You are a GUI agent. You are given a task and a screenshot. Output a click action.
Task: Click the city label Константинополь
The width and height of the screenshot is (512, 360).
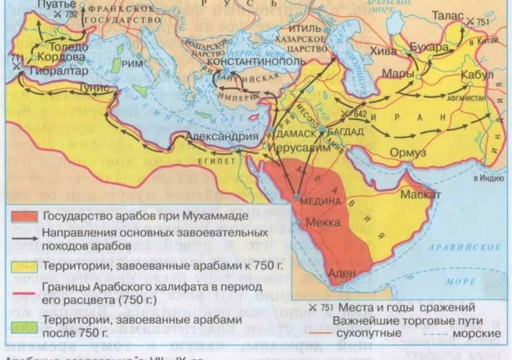point(248,61)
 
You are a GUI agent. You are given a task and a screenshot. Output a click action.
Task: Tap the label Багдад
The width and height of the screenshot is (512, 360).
point(346,131)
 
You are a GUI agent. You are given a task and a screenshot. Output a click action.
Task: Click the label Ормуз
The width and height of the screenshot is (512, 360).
point(409,153)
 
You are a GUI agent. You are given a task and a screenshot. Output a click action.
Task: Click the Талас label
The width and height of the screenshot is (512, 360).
point(447,14)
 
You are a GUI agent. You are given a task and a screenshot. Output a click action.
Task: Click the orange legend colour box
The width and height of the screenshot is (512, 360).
point(24,216)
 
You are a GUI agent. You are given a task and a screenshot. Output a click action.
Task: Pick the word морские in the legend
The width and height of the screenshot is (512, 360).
point(479,332)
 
